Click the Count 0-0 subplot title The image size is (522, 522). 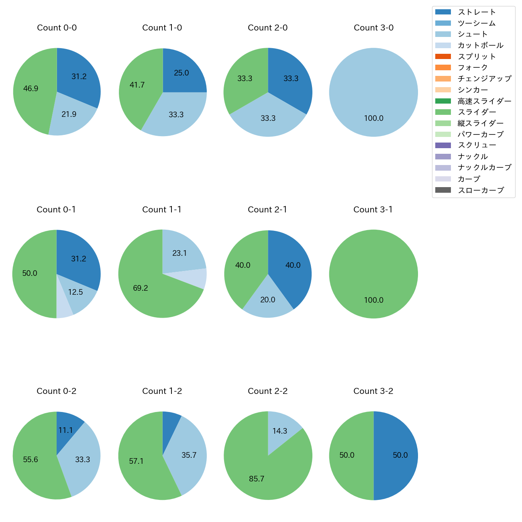tap(57, 28)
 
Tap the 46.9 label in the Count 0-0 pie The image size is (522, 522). tap(31, 89)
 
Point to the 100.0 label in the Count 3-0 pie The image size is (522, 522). tap(373, 118)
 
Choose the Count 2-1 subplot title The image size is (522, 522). tap(267, 210)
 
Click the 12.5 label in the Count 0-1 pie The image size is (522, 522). tap(75, 292)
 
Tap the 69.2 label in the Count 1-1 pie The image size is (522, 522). tap(141, 288)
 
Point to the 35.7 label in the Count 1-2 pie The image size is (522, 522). tap(189, 455)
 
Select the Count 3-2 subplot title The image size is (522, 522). tap(373, 391)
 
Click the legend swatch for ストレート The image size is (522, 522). tap(443, 12)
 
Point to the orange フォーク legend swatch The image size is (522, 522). tap(443, 67)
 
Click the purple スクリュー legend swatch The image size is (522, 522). tap(443, 145)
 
